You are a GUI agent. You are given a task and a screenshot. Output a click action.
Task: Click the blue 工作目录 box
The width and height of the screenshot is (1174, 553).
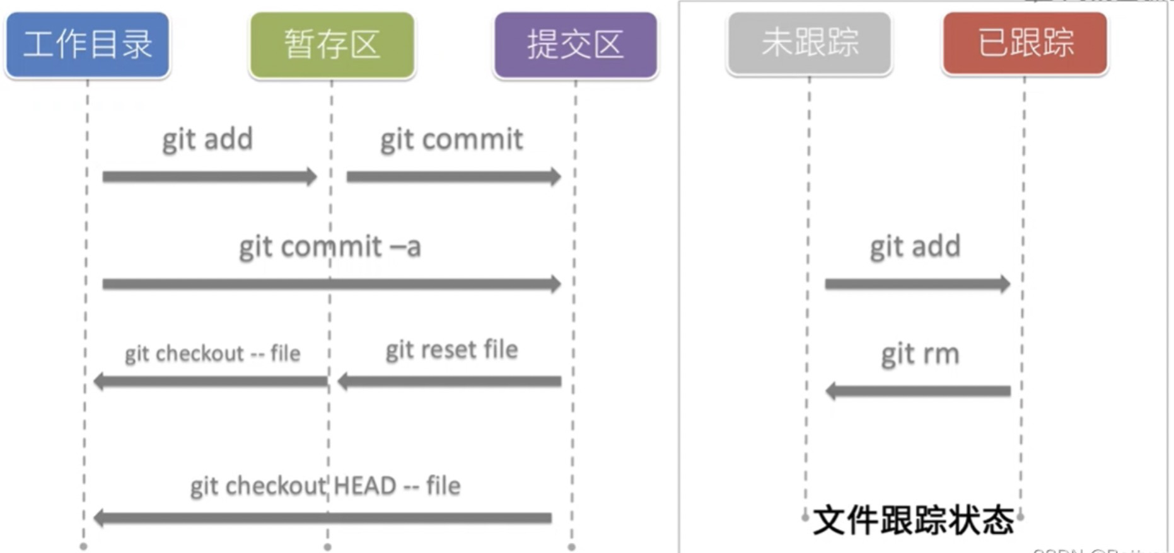coord(88,45)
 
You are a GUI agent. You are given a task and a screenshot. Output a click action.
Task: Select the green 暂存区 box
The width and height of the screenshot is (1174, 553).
coord(332,45)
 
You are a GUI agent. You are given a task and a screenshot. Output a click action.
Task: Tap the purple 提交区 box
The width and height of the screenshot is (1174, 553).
coord(576,45)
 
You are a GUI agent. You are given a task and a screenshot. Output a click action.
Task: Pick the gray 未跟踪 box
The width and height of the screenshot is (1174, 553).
coord(810,43)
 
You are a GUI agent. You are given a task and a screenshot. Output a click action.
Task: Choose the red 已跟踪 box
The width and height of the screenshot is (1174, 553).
coord(1025,43)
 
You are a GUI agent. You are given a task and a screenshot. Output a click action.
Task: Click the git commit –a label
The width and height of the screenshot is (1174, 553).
coord(330,247)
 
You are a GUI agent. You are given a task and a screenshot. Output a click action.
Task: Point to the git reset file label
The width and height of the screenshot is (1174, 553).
coord(451,350)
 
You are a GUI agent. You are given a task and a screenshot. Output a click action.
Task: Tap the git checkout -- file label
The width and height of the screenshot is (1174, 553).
coord(212,353)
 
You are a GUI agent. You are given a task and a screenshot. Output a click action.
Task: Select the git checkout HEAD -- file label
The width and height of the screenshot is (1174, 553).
coord(325,486)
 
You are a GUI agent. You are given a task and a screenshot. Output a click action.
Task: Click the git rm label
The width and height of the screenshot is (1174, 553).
coord(920,355)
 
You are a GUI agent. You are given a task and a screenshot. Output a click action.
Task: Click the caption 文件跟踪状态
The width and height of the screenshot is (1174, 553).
coord(914,521)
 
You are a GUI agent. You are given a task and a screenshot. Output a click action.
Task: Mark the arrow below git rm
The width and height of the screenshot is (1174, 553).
coord(918,391)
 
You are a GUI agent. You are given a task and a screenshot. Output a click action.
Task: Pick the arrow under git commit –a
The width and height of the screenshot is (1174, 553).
coord(331,284)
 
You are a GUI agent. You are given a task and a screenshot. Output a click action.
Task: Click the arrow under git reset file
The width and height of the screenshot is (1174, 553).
coord(450,381)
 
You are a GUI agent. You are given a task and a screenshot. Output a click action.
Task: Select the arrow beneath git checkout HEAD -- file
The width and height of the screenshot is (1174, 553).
coord(323,518)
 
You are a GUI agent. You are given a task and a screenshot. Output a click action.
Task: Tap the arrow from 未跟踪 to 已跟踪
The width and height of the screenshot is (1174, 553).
coord(917,284)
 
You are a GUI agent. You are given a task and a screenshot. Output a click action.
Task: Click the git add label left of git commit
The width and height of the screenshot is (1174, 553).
coord(207,139)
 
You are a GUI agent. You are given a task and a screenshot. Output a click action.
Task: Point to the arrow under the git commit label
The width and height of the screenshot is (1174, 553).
coord(453,176)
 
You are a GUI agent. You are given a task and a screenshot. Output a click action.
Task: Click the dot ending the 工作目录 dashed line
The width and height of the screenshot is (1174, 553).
coord(83,547)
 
